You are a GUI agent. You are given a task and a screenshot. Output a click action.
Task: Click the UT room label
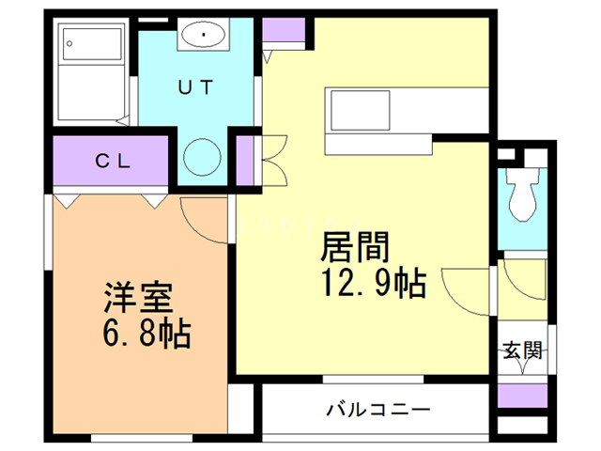[x=196, y=86]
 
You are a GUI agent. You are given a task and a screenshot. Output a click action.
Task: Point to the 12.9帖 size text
[x=373, y=282]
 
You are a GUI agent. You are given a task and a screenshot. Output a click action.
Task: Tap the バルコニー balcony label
[x=378, y=410]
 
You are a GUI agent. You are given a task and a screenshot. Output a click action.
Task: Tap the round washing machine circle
[x=201, y=156]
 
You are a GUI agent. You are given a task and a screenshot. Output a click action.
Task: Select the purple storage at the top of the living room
[x=285, y=31]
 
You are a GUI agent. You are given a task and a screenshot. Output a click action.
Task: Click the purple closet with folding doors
[x=244, y=160]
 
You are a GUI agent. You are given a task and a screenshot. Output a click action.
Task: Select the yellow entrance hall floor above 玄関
[x=521, y=291]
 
